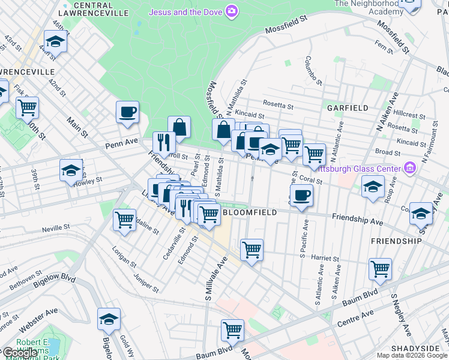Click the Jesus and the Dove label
click(x=185, y=11)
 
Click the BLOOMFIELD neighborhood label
click(x=250, y=212)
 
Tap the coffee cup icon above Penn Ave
click(x=128, y=112)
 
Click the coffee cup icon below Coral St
click(x=301, y=196)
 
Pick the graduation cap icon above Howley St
click(x=71, y=170)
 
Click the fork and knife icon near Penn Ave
click(x=163, y=142)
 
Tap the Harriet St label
click(x=325, y=257)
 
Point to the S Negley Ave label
click(x=401, y=315)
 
